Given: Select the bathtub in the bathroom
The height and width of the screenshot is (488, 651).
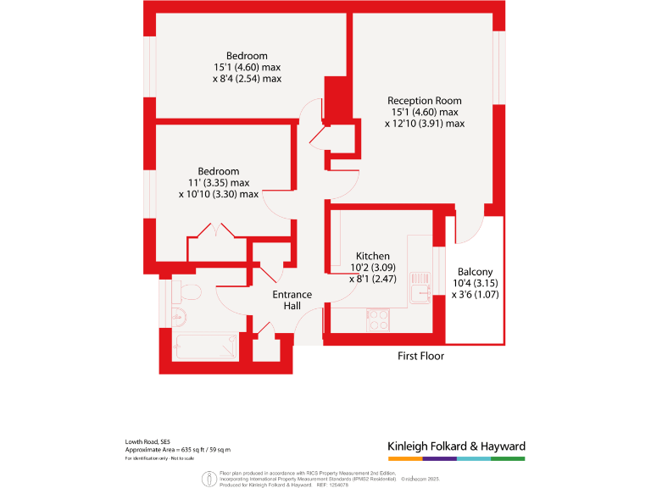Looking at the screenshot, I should (x=205, y=347).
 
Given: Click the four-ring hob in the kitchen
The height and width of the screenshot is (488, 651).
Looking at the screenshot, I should (x=378, y=319).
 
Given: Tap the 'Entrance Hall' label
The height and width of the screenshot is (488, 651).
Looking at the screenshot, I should (x=292, y=300).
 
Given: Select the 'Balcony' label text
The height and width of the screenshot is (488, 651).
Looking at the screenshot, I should (x=476, y=272).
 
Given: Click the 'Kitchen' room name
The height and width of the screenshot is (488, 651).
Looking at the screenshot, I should (x=372, y=256).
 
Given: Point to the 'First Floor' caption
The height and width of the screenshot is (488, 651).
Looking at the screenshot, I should (x=420, y=356).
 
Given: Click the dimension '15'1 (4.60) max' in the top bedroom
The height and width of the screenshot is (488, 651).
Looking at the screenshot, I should (x=247, y=67).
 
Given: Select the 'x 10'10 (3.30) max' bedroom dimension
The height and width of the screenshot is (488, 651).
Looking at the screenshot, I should (x=219, y=193).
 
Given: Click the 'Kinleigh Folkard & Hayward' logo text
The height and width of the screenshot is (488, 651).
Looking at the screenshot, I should (x=456, y=446).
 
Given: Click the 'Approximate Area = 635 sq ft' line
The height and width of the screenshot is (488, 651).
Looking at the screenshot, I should (x=177, y=450).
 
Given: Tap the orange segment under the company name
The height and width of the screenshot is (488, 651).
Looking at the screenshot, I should (x=404, y=458).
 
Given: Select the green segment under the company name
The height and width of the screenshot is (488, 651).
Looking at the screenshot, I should (x=508, y=458).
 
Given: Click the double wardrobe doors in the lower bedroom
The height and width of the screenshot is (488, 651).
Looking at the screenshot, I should (x=217, y=230).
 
